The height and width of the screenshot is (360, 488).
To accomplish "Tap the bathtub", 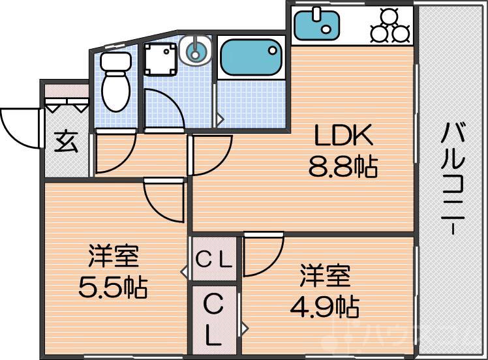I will (x=250, y=58).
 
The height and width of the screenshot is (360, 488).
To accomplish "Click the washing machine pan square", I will (x=161, y=60).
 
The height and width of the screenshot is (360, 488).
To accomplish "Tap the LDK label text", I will (x=343, y=136).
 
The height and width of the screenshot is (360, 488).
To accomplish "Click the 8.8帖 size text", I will (x=343, y=168).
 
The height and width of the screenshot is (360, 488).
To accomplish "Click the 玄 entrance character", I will (x=65, y=142).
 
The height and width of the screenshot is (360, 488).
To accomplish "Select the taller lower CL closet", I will (x=214, y=320).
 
